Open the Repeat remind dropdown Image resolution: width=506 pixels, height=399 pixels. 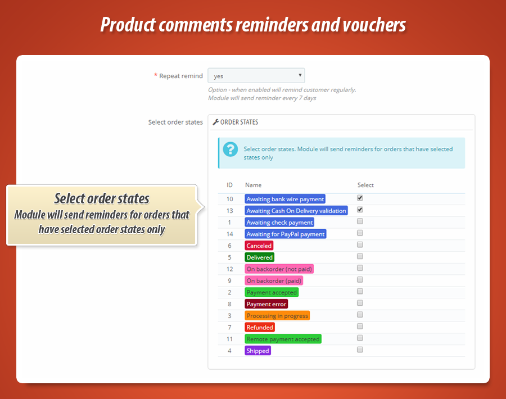[256, 76]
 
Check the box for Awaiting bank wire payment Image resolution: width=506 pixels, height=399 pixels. [360, 198]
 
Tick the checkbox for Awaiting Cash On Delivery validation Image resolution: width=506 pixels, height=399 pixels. [360, 210]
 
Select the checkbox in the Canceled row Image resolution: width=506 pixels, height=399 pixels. [360, 244]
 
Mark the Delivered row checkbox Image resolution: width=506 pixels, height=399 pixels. [360, 256]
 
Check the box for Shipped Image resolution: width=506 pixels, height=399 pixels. [360, 350]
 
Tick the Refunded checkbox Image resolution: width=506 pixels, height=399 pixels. [360, 326]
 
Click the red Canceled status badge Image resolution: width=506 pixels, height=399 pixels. [259, 246]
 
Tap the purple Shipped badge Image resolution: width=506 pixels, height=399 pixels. [257, 351]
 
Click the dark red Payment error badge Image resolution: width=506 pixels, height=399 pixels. [266, 304]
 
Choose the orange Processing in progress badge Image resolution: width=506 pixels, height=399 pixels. [277, 316]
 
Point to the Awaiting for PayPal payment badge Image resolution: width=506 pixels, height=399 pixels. [286, 234]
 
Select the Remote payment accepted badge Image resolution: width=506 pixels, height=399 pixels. [283, 339]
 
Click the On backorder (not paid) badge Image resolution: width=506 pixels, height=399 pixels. [279, 269]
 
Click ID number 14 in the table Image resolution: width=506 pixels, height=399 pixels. [229, 234]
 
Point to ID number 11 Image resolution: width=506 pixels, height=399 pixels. [229, 339]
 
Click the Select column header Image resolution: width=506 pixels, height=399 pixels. [365, 185]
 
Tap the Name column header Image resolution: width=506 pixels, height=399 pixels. [253, 185]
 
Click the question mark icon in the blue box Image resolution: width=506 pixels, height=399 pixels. [231, 149]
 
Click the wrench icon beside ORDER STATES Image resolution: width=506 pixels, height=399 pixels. [215, 122]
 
